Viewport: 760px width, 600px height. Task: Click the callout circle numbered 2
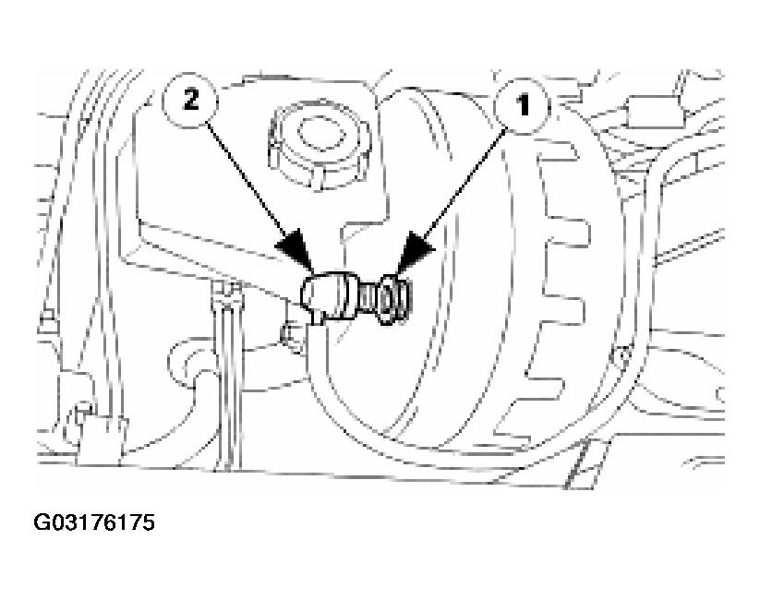(x=190, y=102)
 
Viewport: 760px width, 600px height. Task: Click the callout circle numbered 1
(x=523, y=105)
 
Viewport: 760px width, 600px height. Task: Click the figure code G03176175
(x=94, y=522)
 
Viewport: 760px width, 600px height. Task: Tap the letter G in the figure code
(x=42, y=522)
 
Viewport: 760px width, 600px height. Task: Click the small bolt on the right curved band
(x=621, y=356)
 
